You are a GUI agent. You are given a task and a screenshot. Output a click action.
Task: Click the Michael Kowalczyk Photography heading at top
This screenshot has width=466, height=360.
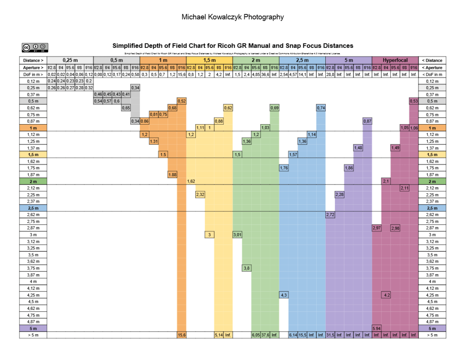coord(233,17)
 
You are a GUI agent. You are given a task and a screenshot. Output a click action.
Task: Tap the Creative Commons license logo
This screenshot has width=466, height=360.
coord(35,47)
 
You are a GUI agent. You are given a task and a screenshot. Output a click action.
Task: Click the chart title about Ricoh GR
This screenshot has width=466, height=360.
coord(233,46)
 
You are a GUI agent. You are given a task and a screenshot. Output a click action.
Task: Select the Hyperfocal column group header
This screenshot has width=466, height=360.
coord(395,60)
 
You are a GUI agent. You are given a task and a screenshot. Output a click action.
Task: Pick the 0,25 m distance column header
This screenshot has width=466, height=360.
coord(70,60)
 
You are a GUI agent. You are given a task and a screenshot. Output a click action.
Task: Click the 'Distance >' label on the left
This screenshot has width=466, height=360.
coord(33,60)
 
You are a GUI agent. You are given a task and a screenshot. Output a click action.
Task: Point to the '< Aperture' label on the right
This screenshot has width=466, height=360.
coord(432,68)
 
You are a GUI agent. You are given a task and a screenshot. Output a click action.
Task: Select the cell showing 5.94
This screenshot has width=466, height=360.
coord(376,329)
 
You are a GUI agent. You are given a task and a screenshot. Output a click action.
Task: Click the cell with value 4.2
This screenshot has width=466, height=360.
coord(386,295)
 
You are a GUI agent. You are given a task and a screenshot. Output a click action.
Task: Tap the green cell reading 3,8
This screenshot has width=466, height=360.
coord(246,268)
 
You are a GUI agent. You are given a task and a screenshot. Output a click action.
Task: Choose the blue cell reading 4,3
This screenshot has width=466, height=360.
coord(283,295)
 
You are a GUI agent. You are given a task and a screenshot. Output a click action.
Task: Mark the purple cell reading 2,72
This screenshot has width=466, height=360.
coord(330,215)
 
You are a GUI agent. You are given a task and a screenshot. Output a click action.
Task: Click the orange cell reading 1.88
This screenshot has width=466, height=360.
coord(172,175)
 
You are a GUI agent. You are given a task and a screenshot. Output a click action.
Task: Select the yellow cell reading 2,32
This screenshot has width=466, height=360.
coord(200,195)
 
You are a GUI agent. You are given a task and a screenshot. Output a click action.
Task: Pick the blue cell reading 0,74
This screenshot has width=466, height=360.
coord(321,108)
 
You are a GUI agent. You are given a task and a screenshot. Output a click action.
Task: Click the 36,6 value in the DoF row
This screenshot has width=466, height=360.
coord(265,75)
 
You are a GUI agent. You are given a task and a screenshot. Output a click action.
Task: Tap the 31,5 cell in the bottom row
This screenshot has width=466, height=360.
coord(330,335)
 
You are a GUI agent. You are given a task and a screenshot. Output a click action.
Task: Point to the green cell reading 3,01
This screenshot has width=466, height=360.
coord(237,235)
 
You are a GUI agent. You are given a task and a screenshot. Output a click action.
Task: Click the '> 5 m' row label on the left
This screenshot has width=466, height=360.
coord(33,335)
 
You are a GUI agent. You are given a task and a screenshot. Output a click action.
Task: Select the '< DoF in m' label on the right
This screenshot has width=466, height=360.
coord(432,75)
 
